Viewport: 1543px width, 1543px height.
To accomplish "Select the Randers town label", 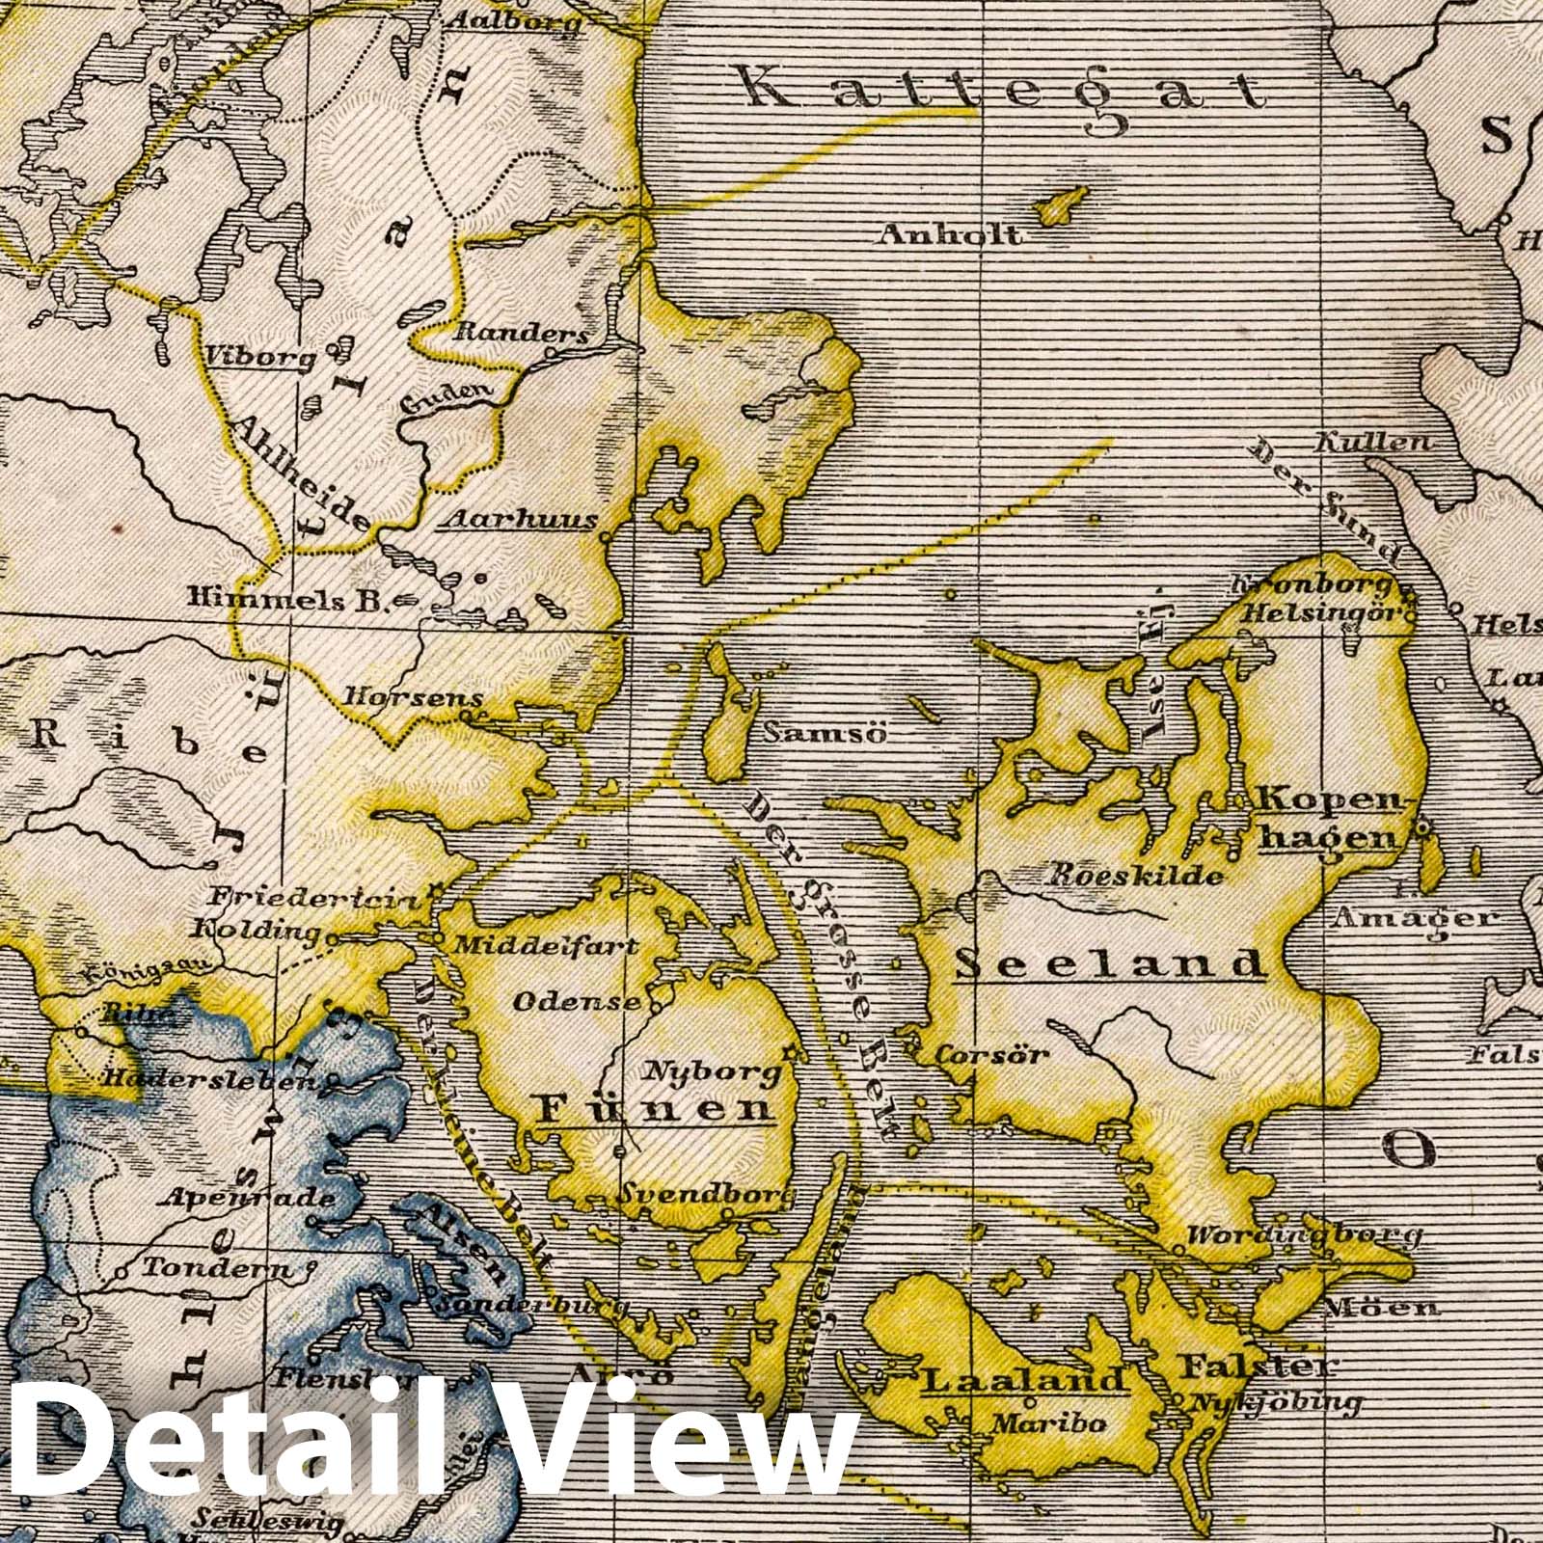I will coord(520,333).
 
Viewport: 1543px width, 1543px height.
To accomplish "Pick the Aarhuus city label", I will coord(517,521).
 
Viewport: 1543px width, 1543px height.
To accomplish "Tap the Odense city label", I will coord(576,1001).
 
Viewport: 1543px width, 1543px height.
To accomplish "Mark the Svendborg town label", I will coord(706,1196).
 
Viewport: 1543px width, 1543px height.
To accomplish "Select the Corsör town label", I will coord(991,1054).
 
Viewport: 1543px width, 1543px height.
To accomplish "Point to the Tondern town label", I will coord(215,1269).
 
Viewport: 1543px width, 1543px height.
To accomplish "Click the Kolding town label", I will coord(256,932).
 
